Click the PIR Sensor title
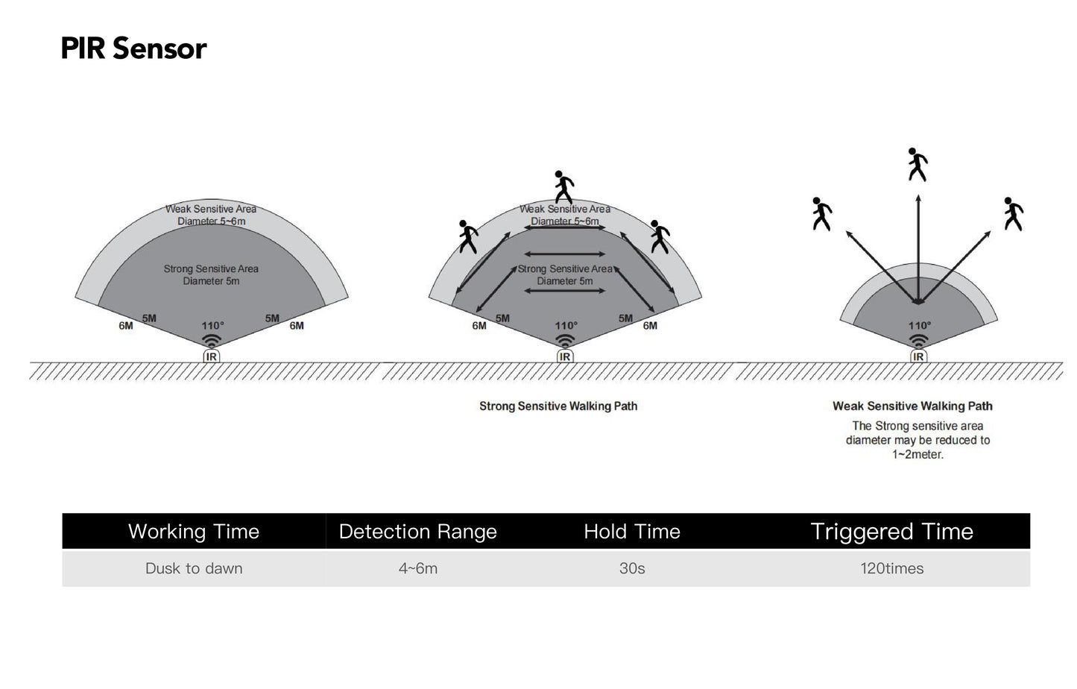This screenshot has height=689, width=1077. click(x=133, y=49)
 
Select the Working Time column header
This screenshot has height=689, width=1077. click(x=194, y=532)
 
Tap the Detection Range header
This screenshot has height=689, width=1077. click(x=417, y=532)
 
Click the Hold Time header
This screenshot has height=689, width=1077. click(x=632, y=532)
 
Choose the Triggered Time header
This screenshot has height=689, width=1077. click(x=891, y=532)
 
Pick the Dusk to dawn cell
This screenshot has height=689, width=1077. click(x=194, y=568)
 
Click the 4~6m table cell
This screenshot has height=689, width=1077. click(x=417, y=568)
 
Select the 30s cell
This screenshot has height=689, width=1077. click(x=632, y=568)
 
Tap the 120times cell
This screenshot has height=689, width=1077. click(x=891, y=568)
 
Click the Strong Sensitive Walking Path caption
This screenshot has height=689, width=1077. click(x=558, y=406)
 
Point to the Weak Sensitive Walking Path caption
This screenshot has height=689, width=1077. click(x=912, y=406)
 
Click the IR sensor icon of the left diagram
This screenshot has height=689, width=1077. click(x=212, y=356)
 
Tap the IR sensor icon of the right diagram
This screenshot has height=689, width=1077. click(x=918, y=356)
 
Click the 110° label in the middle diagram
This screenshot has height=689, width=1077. click(x=566, y=326)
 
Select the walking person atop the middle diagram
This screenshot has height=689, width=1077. click(x=564, y=186)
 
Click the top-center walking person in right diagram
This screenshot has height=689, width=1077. click(x=917, y=164)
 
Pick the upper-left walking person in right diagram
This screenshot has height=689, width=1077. click(x=821, y=214)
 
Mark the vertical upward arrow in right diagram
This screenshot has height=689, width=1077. click(x=918, y=246)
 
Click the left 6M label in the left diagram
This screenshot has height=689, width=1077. click(x=126, y=326)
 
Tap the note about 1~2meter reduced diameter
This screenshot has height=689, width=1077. click(x=917, y=440)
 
